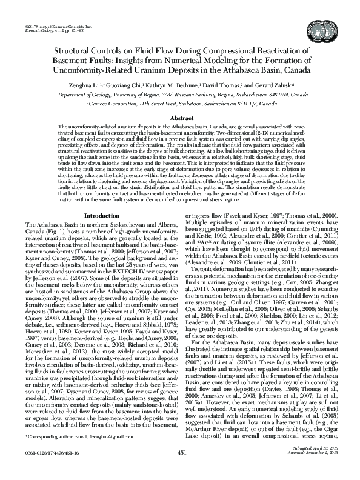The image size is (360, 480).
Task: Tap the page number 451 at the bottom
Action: (x=181, y=468)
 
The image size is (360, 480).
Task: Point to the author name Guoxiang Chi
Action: (x=126, y=85)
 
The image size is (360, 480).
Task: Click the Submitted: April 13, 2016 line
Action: (x=316, y=464)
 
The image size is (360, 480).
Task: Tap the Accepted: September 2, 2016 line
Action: (x=313, y=470)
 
